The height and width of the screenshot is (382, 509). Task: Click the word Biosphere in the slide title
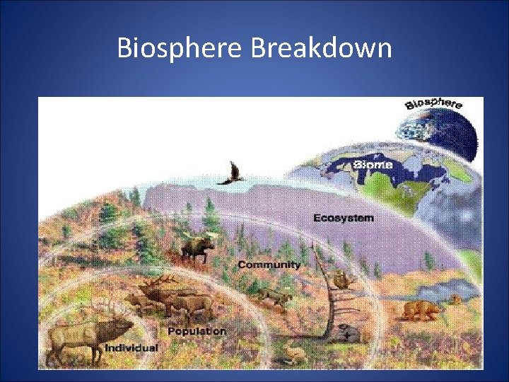pos(180,49)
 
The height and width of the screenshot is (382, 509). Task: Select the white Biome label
pos(373,165)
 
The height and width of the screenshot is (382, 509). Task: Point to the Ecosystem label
pos(344,218)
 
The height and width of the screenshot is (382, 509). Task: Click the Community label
pos(269,265)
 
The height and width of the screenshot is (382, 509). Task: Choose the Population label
pos(197,330)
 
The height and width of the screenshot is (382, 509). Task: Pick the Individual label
pos(131,347)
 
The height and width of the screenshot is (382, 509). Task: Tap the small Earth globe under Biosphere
pos(433,130)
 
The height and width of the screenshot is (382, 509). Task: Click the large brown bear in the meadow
pos(420,311)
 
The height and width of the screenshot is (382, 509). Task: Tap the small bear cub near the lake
pos(456,300)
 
